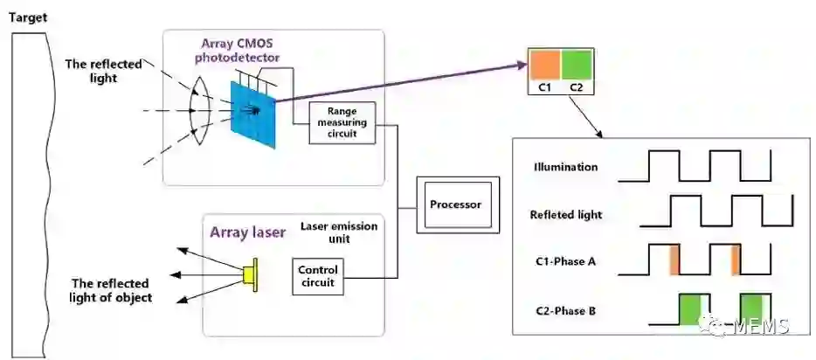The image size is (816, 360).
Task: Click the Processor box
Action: [455, 205]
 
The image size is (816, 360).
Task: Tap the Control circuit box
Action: [317, 276]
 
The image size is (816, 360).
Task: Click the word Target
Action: [28, 17]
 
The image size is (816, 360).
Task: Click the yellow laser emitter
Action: [251, 273]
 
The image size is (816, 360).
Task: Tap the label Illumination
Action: [566, 166]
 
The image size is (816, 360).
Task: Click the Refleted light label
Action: [566, 214]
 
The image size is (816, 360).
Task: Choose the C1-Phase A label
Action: [566, 262]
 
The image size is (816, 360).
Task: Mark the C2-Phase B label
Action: [566, 310]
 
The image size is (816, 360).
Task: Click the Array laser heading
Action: [243, 232]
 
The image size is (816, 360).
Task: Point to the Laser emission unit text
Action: [339, 232]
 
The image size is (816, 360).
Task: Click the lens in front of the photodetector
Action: [200, 111]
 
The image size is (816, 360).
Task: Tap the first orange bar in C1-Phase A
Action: [674, 261]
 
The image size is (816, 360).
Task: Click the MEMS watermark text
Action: [769, 327]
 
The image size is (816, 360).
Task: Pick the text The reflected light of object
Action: [111, 290]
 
